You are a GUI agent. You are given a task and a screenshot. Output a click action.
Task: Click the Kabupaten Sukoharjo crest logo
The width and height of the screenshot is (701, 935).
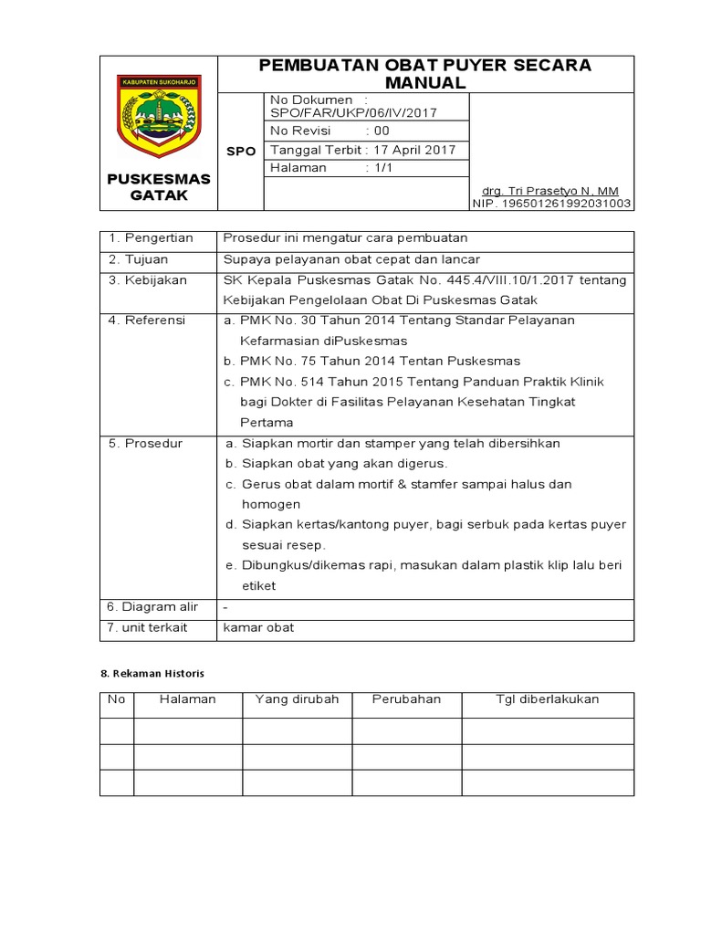159,117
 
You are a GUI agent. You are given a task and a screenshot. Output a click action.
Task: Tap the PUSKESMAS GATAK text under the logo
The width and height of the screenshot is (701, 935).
159,187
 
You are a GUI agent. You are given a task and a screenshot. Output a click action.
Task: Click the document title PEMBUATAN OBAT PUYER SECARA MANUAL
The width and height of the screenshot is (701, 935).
425,73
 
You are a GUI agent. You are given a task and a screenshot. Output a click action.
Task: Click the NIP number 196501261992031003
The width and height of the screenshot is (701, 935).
551,204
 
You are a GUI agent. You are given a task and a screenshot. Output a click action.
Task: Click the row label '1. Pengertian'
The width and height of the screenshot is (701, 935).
151,238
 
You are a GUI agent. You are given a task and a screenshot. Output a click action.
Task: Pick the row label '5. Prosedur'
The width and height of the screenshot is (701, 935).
145,443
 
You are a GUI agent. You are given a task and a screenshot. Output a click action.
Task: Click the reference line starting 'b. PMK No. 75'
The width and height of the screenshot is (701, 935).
371,361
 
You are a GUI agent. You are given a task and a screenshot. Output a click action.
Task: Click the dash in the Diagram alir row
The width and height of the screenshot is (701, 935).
225,607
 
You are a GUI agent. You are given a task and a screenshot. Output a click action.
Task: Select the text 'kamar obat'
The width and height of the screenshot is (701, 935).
258,628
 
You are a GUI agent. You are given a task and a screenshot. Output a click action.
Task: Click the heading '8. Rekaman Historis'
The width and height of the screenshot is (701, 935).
152,673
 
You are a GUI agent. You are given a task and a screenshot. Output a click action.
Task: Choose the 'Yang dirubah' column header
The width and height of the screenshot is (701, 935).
297,699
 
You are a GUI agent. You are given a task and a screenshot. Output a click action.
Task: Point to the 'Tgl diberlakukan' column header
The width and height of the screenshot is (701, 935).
547,699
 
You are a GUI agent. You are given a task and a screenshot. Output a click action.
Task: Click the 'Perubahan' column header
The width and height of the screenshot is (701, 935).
406,699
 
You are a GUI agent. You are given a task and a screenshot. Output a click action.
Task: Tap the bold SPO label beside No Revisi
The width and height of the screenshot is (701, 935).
241,152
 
